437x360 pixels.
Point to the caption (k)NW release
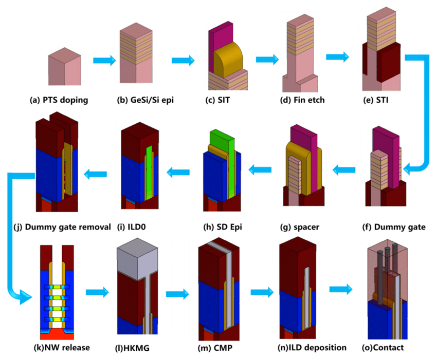point(61,347)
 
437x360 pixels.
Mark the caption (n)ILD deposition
point(302,347)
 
